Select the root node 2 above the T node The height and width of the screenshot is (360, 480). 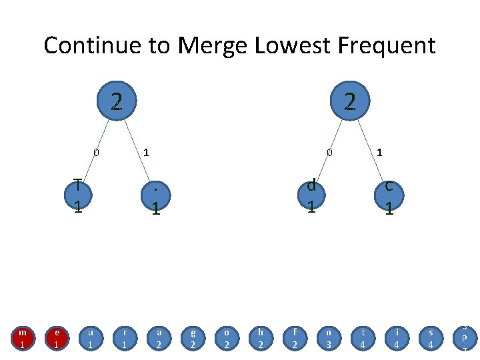(x=116, y=102)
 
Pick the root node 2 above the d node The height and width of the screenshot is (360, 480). (x=349, y=102)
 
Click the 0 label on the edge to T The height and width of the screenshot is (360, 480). (x=96, y=153)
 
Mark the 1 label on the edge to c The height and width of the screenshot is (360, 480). (x=379, y=153)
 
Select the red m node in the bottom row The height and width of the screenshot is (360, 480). (x=23, y=337)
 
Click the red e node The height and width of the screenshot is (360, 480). (x=57, y=337)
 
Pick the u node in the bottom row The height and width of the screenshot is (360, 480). (x=91, y=337)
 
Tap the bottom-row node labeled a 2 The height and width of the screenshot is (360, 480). (x=158, y=337)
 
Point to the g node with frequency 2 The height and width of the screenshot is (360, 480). (x=192, y=337)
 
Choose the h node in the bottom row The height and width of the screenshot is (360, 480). (x=260, y=337)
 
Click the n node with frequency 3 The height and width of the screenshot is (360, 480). (x=328, y=337)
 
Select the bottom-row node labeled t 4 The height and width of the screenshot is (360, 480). (x=362, y=337)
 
